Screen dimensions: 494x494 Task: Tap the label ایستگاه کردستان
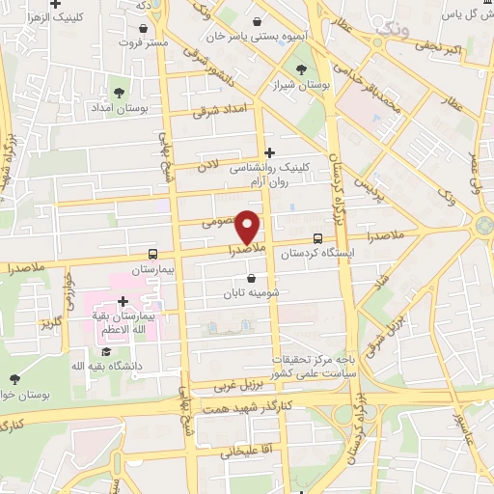(x=317, y=255)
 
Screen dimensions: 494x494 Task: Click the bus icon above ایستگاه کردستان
(x=317, y=239)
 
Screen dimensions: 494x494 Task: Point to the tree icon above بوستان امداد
(x=119, y=93)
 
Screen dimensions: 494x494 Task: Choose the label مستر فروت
(x=145, y=43)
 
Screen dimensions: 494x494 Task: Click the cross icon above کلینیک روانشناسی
(x=268, y=151)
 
